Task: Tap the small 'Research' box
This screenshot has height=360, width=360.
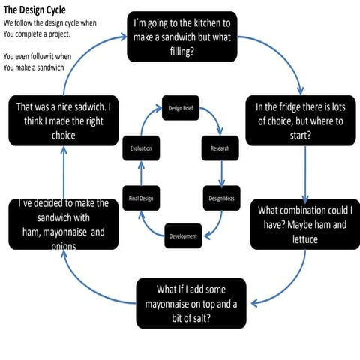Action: click(x=220, y=148)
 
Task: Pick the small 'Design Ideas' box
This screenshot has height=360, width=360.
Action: click(x=220, y=198)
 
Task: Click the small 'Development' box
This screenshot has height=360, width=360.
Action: click(x=183, y=235)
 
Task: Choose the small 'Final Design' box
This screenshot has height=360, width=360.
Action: click(x=141, y=198)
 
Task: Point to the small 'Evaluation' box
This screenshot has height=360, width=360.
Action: click(x=141, y=148)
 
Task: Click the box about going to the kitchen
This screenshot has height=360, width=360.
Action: click(x=192, y=36)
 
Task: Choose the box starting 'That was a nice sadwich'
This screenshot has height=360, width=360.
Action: click(x=63, y=121)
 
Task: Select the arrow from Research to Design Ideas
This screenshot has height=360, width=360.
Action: click(x=221, y=173)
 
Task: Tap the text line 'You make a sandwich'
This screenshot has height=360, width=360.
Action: click(x=34, y=67)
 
